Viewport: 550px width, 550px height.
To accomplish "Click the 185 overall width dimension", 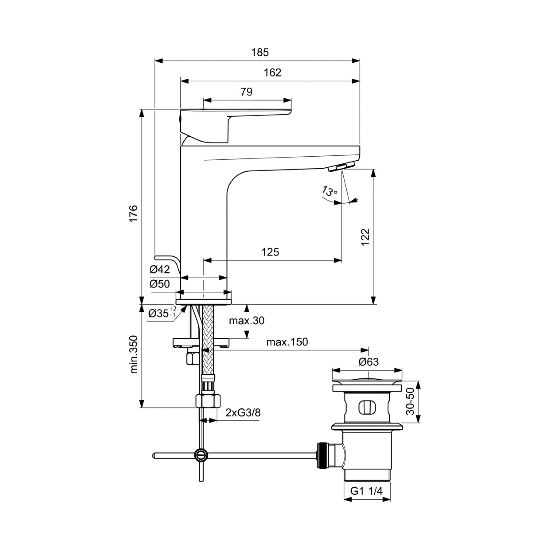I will click(x=260, y=52).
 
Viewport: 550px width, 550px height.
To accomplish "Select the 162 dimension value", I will click(x=272, y=73).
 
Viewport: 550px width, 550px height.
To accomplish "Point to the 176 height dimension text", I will click(x=134, y=213).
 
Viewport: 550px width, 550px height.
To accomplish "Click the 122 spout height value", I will click(x=365, y=237).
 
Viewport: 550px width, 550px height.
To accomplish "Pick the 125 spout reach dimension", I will click(x=270, y=252).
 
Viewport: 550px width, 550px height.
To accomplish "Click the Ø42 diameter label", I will click(x=160, y=269).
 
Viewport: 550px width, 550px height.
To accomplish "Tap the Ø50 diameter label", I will click(x=160, y=284).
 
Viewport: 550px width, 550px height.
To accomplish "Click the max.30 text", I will click(x=247, y=321).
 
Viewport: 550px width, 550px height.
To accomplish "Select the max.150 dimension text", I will click(x=287, y=342).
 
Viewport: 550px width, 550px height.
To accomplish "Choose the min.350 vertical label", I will click(x=134, y=354).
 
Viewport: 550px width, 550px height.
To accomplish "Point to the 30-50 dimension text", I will click(x=410, y=402).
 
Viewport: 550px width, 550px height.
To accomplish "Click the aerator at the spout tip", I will click(x=341, y=167).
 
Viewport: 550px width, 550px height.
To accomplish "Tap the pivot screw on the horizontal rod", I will click(x=201, y=455).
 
